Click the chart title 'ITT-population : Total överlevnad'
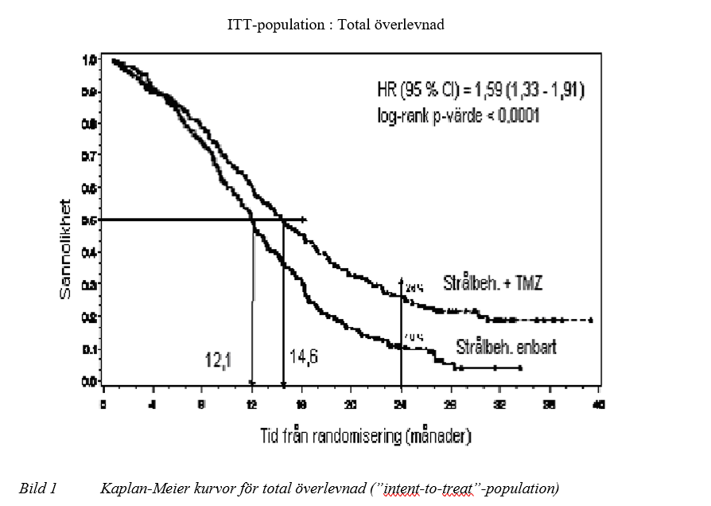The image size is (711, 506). click(x=335, y=25)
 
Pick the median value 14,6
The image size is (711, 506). click(x=303, y=356)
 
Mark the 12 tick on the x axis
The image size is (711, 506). click(x=252, y=405)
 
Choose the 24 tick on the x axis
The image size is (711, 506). click(x=401, y=405)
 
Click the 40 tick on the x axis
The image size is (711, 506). click(x=599, y=405)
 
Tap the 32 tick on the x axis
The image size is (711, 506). click(x=499, y=405)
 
